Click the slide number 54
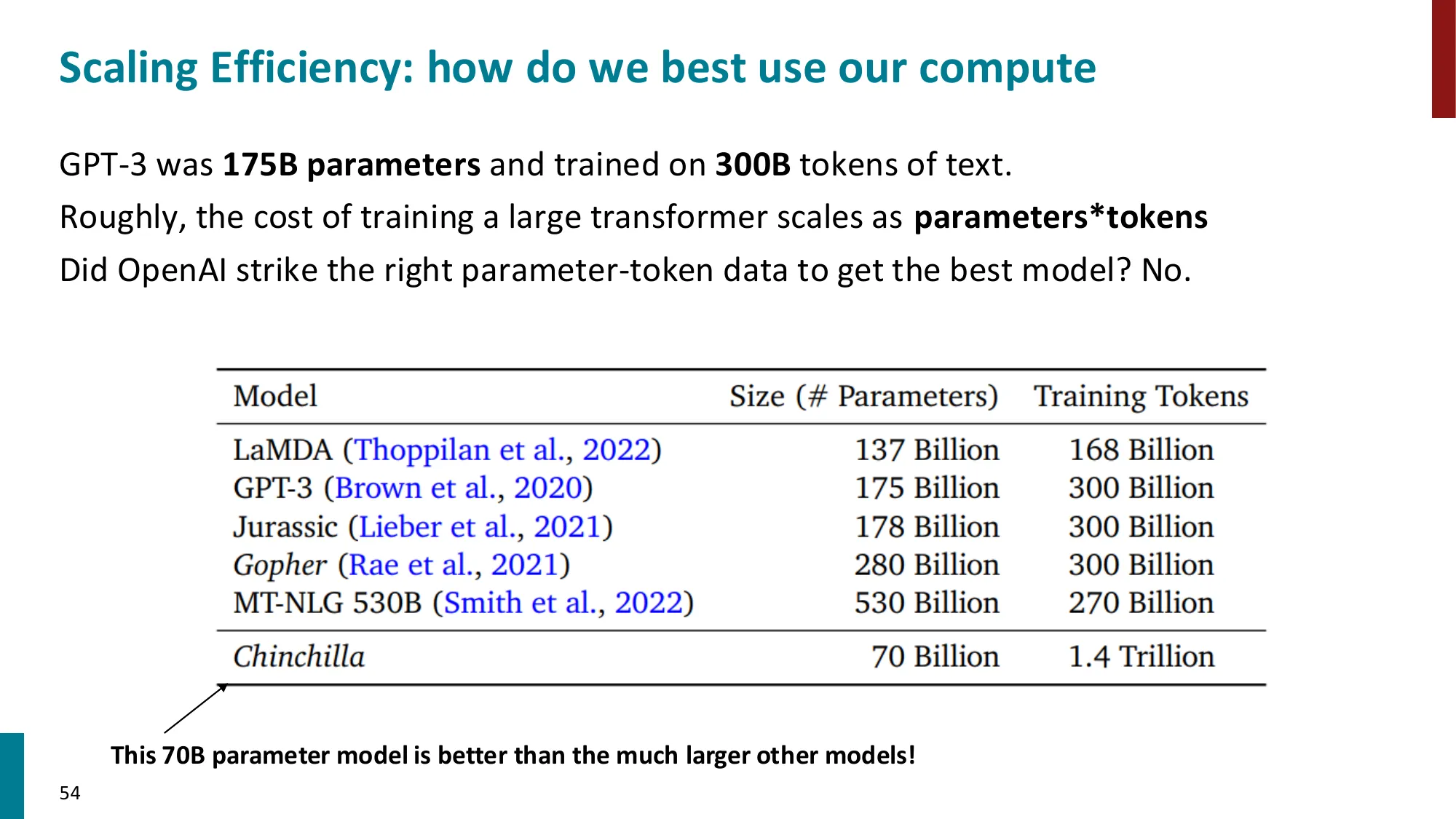pos(70,793)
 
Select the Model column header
pos(275,397)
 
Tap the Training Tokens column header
pos(1141,397)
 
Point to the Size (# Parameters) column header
pos(863,397)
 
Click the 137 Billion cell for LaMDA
pos(926,450)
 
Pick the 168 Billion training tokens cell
pos(1141,450)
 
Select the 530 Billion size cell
pos(926,603)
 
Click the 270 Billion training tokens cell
pos(1141,603)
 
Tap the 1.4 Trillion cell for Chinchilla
pos(1141,657)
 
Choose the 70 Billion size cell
pos(935,657)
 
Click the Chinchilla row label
pos(298,657)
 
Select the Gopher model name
pos(280,566)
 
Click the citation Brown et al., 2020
pos(459,488)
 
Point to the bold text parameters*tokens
pos(1060,218)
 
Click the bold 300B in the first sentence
pos(752,165)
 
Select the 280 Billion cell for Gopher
pos(926,566)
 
